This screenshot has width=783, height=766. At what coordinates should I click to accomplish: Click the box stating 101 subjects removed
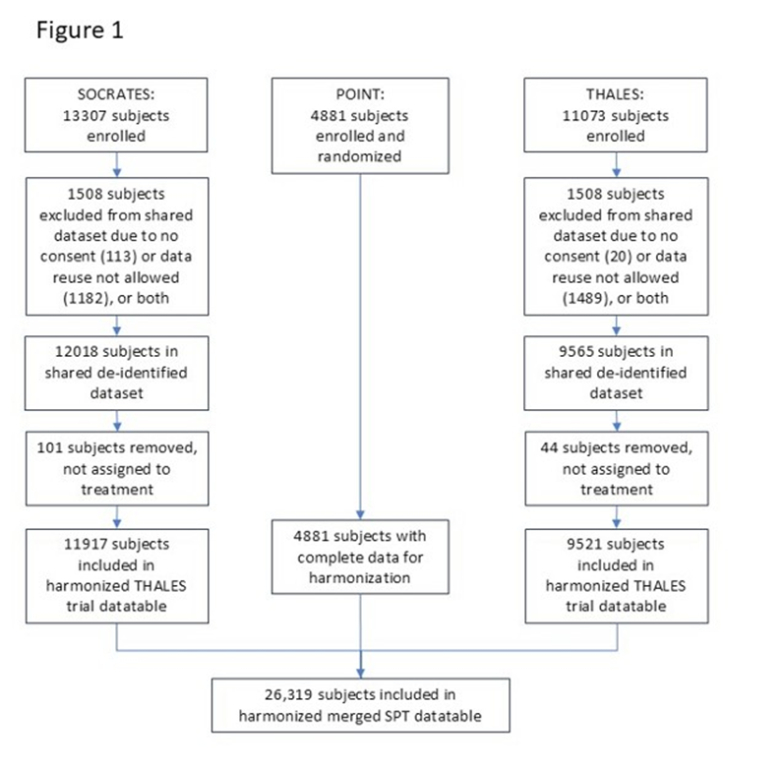coord(117,466)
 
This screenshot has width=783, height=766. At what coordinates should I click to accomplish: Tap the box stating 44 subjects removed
coord(619,466)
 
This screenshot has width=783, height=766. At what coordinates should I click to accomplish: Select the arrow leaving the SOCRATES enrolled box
coord(117,160)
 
